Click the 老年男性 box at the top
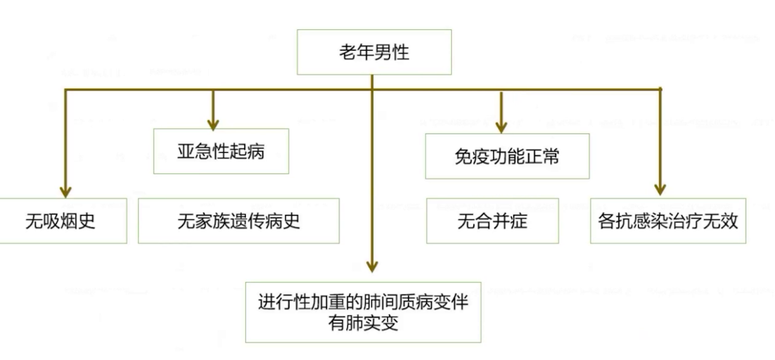[x=374, y=52]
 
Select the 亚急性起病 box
[x=221, y=151]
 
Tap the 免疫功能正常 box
[x=507, y=156]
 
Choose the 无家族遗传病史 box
[x=238, y=221]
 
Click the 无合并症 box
[x=492, y=221]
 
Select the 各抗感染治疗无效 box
[x=668, y=221]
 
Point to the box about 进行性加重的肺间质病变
[x=363, y=312]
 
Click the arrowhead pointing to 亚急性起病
[x=214, y=122]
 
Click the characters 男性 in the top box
[x=392, y=52]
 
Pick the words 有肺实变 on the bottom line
[x=362, y=323]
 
